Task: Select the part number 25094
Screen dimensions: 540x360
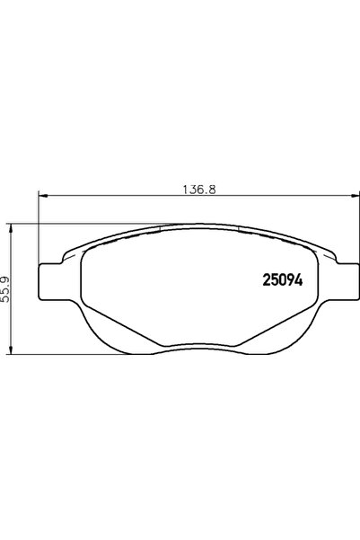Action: click(282, 279)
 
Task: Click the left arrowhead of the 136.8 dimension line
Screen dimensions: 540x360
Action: click(42, 199)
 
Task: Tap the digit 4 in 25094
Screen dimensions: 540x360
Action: click(299, 279)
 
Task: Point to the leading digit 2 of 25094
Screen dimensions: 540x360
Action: click(265, 279)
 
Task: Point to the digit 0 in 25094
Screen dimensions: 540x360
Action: click(282, 279)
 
